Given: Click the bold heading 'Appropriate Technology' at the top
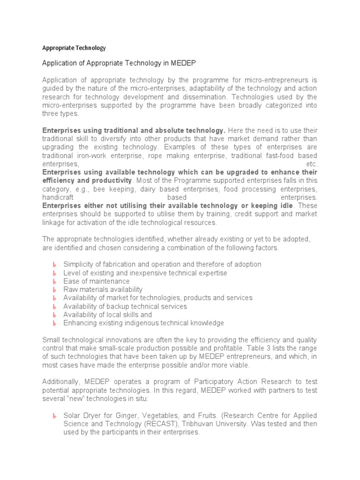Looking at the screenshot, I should pos(74,48).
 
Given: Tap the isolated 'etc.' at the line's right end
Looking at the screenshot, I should pos(311,164).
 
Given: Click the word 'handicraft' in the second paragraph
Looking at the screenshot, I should pos(59,198).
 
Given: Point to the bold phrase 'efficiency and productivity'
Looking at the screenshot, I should pos(87,181).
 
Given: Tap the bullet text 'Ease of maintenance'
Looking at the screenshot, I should pos(97,281).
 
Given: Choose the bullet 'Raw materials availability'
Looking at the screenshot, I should pos(103,290).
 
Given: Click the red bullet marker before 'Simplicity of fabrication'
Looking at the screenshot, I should pos(54,265).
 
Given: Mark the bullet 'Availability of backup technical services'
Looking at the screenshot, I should pos(125,307).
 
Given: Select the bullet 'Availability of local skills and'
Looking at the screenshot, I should pos(107,315).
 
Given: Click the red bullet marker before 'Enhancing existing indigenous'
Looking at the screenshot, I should pos(54,323).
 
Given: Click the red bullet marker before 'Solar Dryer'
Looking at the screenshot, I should pos(54,416).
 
